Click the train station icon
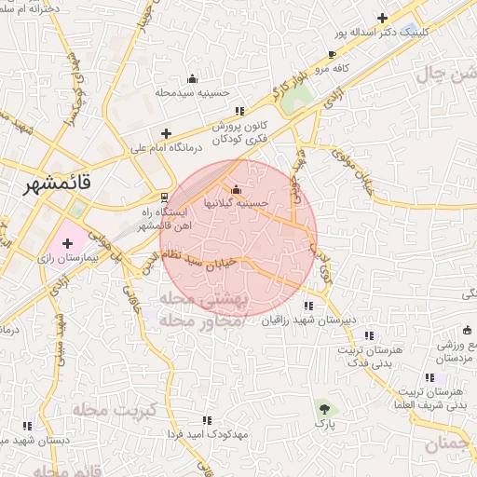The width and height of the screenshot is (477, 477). (x=165, y=197)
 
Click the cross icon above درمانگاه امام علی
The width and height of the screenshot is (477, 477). (x=166, y=133)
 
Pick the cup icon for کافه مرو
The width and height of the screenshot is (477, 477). (x=333, y=56)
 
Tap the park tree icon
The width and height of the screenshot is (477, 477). (x=322, y=408)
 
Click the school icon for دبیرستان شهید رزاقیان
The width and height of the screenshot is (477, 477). (x=307, y=305)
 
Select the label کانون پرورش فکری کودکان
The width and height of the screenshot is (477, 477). (x=245, y=131)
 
